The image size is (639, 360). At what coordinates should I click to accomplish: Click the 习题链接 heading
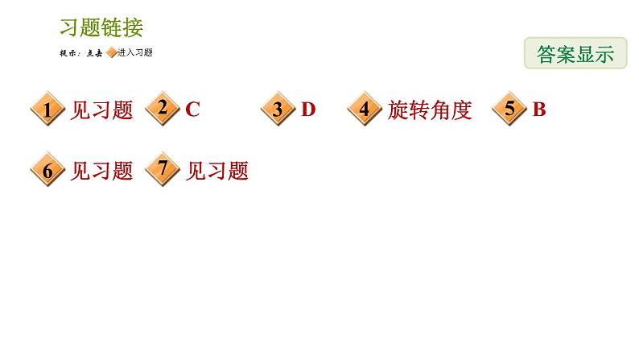coord(101,27)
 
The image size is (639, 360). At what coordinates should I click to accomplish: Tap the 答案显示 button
coord(575,53)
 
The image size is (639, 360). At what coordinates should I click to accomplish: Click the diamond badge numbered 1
coord(47,110)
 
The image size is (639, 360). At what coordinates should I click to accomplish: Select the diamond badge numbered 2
coord(163,109)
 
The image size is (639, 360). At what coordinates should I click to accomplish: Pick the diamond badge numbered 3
coord(278,110)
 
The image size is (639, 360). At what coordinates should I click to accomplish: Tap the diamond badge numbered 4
coord(365,110)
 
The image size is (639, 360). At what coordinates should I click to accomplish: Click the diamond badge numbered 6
coord(47,171)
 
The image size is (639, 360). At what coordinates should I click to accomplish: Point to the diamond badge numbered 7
coord(163,170)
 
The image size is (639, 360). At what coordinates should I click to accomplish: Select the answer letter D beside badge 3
coord(308,110)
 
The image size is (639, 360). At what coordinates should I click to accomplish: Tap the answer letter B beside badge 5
coord(539,110)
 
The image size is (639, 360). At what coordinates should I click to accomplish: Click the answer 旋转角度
coord(429,110)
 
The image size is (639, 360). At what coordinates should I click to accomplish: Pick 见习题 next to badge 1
coord(101,110)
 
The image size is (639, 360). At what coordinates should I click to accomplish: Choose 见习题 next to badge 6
coord(101,171)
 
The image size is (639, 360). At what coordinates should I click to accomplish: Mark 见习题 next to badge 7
coord(217,171)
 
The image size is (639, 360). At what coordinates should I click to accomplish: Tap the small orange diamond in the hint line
coord(112,53)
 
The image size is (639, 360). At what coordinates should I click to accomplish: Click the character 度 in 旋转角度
coord(461,110)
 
